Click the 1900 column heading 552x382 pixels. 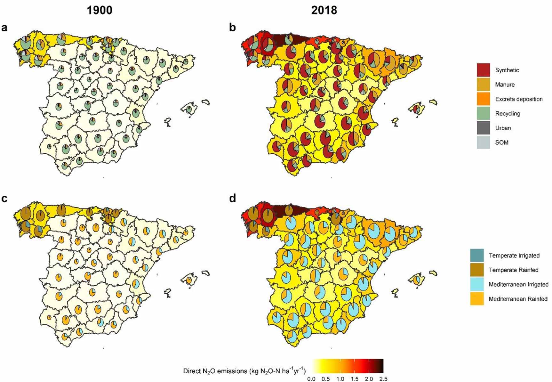(100, 10)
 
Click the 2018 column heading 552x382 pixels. (324, 10)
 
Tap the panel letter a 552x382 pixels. (4, 28)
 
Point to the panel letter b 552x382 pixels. (232, 28)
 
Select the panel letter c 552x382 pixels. (4, 199)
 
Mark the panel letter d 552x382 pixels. (232, 199)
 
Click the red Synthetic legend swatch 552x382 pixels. (483, 70)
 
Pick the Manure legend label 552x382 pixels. (505, 85)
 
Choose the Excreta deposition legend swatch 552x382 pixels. (483, 99)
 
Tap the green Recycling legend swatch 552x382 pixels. (483, 113)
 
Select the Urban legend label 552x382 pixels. (503, 128)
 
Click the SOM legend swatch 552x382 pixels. (483, 142)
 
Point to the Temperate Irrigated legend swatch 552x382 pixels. (477, 256)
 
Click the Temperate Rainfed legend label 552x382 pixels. (513, 270)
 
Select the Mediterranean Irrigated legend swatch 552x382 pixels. (477, 284)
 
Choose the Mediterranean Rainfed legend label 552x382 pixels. (518, 299)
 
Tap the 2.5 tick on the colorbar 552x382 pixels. (383, 379)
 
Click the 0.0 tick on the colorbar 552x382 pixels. (311, 379)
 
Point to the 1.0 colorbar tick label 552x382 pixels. (340, 379)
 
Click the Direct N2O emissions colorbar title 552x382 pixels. (244, 371)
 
